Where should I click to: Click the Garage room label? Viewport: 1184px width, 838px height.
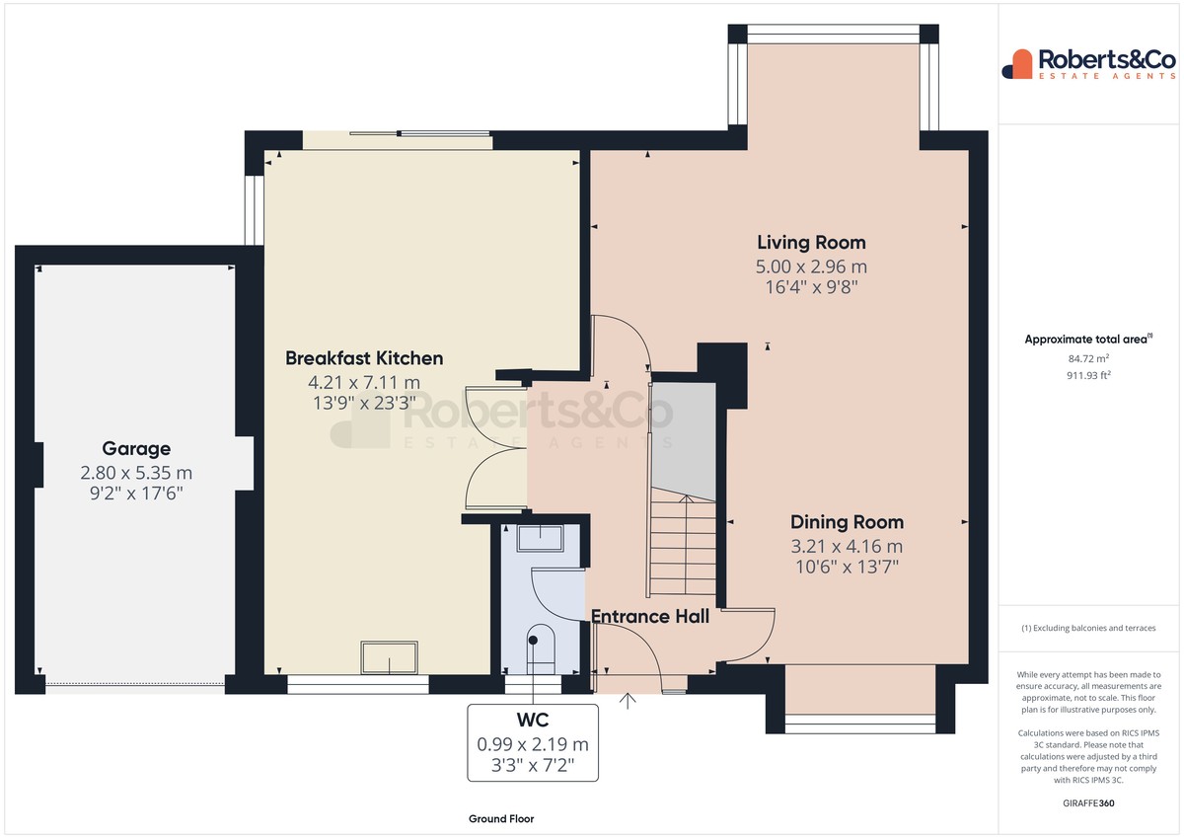[136, 449]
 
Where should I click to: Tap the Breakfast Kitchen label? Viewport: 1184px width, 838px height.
[364, 358]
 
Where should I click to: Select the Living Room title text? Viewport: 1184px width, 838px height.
[811, 243]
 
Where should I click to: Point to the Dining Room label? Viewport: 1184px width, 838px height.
[847, 522]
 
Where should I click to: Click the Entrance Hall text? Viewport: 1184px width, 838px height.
[650, 617]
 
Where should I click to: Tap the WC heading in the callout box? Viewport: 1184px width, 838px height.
[533, 721]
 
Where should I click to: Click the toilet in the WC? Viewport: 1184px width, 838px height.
[542, 649]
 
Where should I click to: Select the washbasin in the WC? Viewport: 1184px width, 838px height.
[541, 539]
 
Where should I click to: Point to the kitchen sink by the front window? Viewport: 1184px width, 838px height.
[390, 657]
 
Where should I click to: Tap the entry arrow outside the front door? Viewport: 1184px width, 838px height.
[628, 701]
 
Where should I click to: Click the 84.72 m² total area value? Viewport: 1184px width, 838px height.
[1088, 358]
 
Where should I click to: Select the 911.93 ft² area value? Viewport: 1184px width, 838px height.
[1088, 375]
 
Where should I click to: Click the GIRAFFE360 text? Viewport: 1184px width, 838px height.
[1088, 803]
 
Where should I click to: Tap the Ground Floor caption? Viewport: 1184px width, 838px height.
[501, 819]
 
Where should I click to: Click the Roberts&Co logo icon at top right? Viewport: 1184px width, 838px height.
[1018, 64]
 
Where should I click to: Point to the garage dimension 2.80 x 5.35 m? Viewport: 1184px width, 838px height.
[136, 473]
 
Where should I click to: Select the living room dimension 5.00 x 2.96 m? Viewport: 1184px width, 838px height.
[811, 267]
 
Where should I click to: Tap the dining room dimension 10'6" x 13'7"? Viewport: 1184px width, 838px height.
[847, 568]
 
